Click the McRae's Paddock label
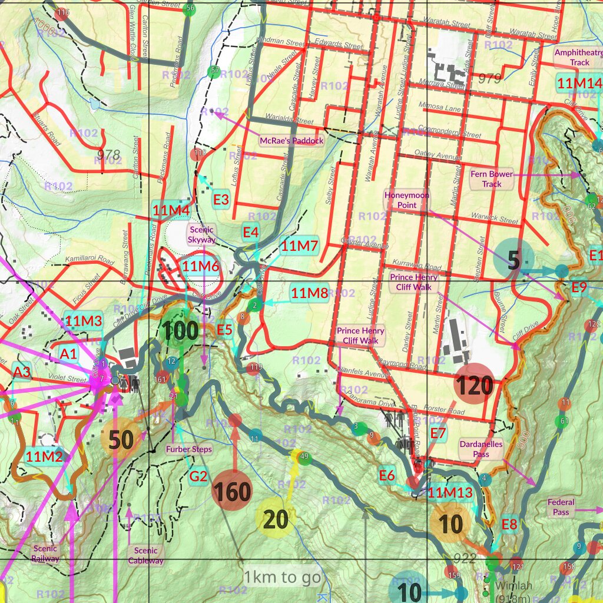click(292, 141)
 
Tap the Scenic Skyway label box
click(202, 234)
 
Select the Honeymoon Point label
click(407, 200)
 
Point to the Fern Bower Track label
click(492, 179)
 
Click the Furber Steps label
click(188, 449)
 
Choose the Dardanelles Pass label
click(481, 449)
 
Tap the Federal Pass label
click(561, 508)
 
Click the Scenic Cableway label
click(145, 555)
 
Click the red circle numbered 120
click(473, 385)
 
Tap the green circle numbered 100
click(180, 332)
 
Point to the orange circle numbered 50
click(121, 439)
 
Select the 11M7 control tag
click(299, 246)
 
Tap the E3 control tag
click(221, 200)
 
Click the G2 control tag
click(198, 476)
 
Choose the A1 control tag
click(68, 353)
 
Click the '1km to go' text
click(283, 577)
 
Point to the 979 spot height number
click(489, 78)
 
